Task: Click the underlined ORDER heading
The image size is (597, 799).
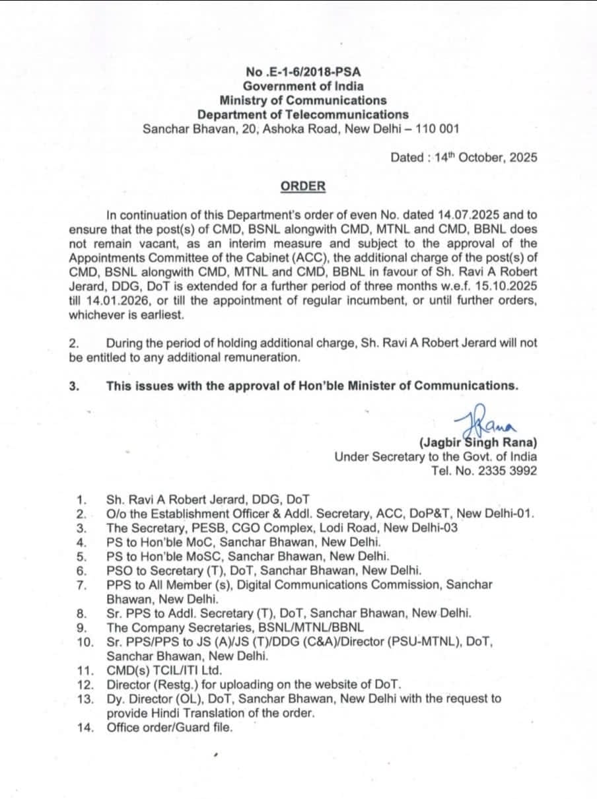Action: point(303,186)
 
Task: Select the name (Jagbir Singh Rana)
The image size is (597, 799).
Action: point(477,442)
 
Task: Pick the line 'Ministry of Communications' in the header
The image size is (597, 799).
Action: point(303,100)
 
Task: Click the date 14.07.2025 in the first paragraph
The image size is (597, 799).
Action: point(465,215)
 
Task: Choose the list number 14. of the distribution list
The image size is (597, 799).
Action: point(85,728)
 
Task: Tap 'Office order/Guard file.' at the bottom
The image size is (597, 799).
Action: point(170,728)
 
